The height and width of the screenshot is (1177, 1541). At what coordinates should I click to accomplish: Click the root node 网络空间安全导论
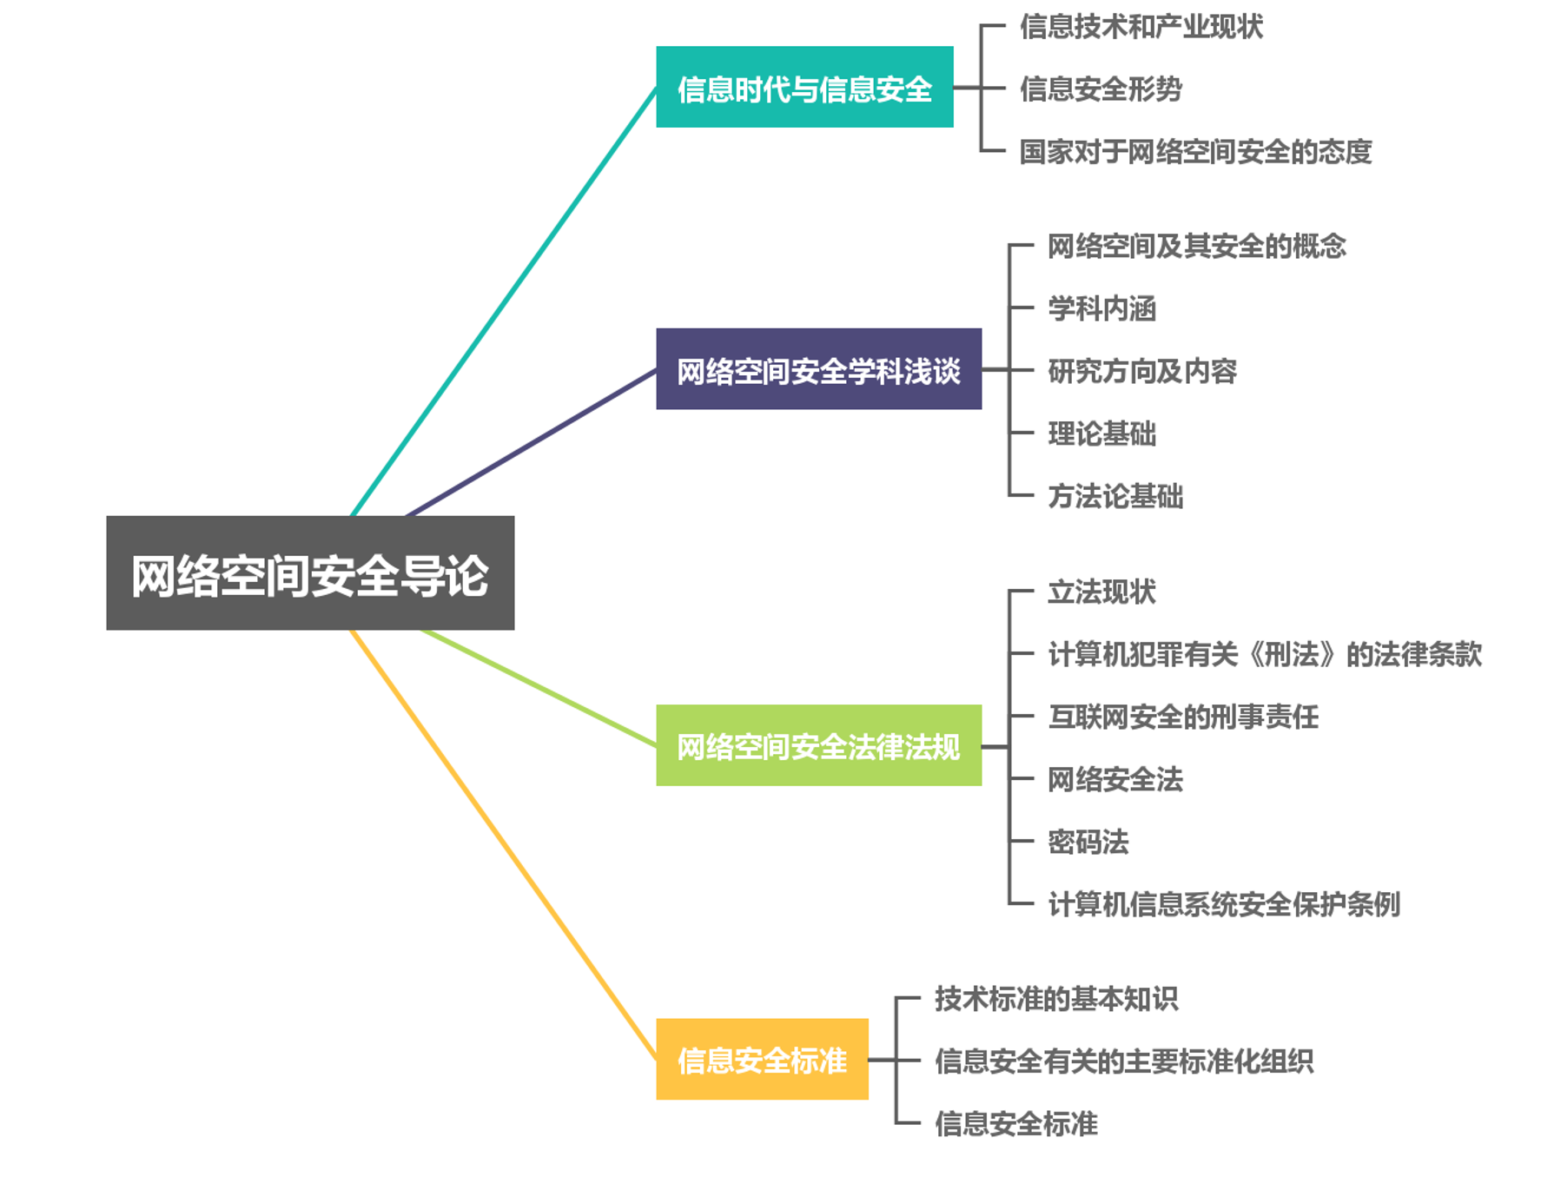click(x=310, y=573)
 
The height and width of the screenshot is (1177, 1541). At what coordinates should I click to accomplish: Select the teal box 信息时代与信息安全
click(x=804, y=88)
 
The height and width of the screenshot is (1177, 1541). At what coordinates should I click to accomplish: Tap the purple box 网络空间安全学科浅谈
click(x=818, y=369)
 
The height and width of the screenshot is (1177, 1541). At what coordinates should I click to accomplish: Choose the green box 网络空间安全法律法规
click(x=818, y=745)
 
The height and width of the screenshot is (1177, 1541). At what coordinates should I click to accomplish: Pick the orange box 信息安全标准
click(x=762, y=1059)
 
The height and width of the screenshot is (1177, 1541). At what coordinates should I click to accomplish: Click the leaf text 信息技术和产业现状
click(x=1141, y=27)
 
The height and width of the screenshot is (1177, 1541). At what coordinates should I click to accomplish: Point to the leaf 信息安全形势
click(x=1100, y=89)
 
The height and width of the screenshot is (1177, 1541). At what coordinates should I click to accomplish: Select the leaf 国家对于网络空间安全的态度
click(x=1194, y=151)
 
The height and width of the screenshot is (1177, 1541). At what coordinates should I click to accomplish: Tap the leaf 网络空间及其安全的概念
click(x=1196, y=246)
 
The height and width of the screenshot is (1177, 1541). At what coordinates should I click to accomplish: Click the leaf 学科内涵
click(x=1101, y=308)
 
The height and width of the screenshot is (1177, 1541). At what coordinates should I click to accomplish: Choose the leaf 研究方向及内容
click(x=1141, y=371)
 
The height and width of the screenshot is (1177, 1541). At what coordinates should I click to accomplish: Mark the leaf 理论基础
click(x=1101, y=433)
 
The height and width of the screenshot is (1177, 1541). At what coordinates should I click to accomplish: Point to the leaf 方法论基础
click(x=1115, y=496)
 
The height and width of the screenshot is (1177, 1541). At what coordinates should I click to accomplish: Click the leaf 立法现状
click(x=1101, y=592)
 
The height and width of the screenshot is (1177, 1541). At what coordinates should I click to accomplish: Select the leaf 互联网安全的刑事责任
click(x=1182, y=717)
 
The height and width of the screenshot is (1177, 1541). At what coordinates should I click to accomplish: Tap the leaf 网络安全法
click(x=1115, y=779)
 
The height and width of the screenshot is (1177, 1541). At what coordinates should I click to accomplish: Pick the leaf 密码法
click(x=1088, y=842)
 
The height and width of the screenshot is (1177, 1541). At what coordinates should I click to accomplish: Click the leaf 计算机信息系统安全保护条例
click(x=1223, y=904)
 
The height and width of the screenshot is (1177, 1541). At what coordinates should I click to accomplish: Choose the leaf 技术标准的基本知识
click(x=1055, y=999)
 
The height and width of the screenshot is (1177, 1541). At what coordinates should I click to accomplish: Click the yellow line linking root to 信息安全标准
click(x=502, y=843)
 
